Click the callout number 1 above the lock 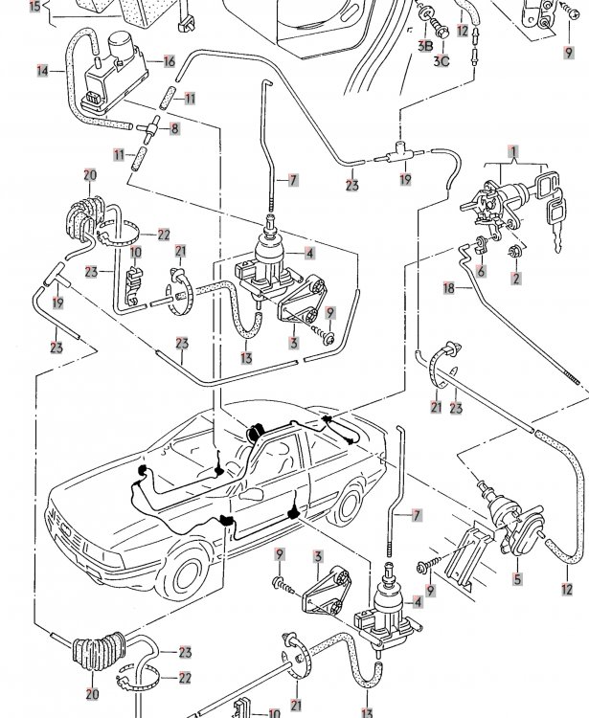512,152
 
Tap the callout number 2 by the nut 515,279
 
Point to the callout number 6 482,272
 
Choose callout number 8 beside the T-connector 175,127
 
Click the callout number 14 43,70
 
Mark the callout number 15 34,5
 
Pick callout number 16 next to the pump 169,61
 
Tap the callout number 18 447,287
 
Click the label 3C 442,62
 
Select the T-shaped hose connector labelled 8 151,126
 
